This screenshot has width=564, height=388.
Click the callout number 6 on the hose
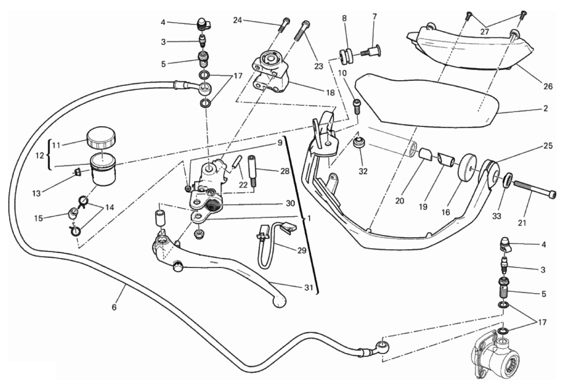click(x=114, y=307)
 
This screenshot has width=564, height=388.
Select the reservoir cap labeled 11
click(x=101, y=137)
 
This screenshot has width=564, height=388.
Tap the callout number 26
click(x=548, y=86)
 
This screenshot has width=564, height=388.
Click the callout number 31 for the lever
click(x=309, y=287)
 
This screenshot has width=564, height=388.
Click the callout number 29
click(x=302, y=250)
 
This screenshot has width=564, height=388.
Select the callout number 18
click(x=330, y=93)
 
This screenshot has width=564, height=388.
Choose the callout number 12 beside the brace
click(x=39, y=155)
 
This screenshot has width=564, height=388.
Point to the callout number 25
click(x=548, y=146)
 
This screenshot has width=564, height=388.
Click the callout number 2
click(x=546, y=108)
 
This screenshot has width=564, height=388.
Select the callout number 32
click(x=363, y=171)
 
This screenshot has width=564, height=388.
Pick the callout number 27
click(x=485, y=32)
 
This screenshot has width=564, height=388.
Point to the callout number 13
click(x=36, y=193)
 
